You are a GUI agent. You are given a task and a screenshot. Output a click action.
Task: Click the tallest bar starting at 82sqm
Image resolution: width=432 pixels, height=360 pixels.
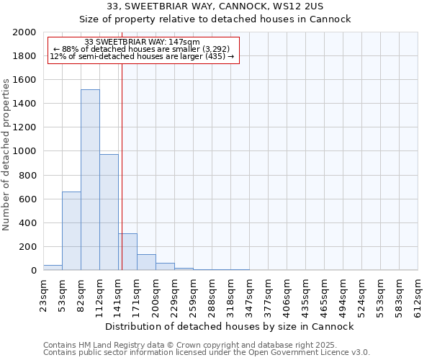point(90,180)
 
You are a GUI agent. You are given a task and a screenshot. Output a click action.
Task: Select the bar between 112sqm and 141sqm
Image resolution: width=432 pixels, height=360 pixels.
point(109,212)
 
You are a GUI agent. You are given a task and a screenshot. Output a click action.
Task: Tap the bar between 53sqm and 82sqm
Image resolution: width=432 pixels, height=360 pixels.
point(71,231)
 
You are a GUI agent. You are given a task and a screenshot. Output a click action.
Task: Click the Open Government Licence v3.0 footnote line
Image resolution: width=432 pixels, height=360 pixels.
point(207,353)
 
